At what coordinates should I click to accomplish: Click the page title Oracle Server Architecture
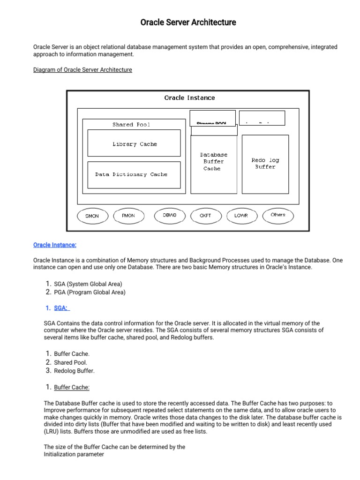tap(188, 22)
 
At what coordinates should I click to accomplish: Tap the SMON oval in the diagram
tap(92, 216)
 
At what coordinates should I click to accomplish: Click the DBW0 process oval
tap(169, 215)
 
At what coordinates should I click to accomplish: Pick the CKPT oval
tap(205, 216)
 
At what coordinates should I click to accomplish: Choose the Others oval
tap(277, 215)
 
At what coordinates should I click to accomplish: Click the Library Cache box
tap(134, 143)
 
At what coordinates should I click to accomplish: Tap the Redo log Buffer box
tap(265, 164)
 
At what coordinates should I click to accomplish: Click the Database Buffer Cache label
tap(213, 161)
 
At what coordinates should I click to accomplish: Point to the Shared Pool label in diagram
tap(131, 125)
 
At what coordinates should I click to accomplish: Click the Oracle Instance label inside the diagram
tap(189, 98)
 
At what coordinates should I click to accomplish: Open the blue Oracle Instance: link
tap(55, 245)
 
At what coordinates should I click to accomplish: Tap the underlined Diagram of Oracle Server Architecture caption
tap(82, 70)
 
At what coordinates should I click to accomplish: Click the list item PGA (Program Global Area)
tap(90, 292)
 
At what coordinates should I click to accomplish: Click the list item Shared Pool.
tap(70, 362)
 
